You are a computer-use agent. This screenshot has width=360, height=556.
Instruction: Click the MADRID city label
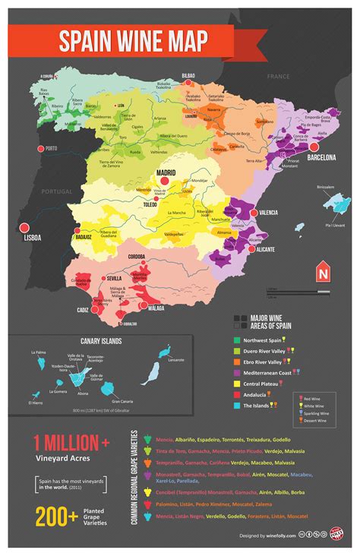[x=166, y=172]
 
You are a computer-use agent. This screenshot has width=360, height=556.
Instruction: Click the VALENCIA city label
[x=269, y=213]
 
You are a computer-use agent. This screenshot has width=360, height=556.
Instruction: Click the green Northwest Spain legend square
[x=237, y=340]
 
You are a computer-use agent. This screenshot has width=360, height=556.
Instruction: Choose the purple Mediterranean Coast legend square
[x=237, y=372]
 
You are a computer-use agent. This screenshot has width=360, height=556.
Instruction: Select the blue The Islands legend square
[x=237, y=406]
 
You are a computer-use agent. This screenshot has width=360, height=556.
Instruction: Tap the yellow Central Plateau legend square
[x=237, y=384]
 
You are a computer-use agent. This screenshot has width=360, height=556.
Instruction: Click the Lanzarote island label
[x=176, y=359]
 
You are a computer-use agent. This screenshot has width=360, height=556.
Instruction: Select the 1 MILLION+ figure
[x=67, y=443]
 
